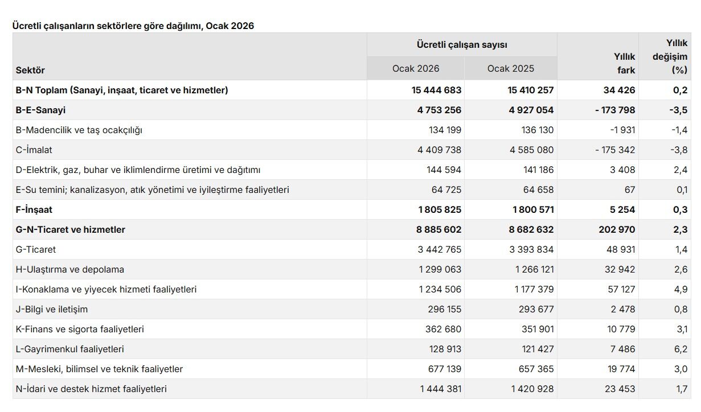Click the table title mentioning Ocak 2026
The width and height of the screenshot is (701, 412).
click(133, 26)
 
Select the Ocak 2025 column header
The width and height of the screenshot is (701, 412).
click(510, 68)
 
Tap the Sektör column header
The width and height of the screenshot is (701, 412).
click(30, 70)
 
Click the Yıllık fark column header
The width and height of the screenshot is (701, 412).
click(625, 63)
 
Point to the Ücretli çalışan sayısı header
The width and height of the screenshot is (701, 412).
click(461, 44)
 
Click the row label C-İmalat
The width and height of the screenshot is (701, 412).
click(34, 150)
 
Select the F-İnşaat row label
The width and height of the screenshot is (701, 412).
click(34, 209)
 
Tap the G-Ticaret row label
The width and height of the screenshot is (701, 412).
click(36, 249)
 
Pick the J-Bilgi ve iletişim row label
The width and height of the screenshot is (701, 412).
click(52, 309)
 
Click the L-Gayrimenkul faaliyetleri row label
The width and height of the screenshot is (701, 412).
click(70, 349)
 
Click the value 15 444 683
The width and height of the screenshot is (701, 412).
click(436, 90)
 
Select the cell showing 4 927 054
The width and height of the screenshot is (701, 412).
click(531, 110)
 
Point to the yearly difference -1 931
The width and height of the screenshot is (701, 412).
click(622, 130)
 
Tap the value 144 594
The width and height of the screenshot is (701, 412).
click(444, 170)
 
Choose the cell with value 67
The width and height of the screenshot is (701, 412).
click(629, 189)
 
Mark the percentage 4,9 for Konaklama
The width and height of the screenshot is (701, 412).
click(680, 289)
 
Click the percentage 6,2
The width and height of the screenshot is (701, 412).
click(680, 349)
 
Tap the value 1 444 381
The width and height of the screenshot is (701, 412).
click(441, 389)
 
